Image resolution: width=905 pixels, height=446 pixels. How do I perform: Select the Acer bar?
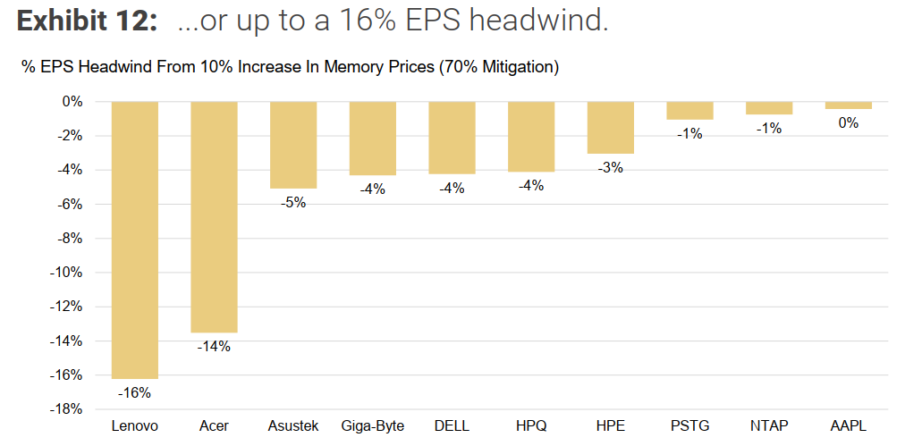214,216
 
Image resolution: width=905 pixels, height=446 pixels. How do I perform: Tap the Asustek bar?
293,145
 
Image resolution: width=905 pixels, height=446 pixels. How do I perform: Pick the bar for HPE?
611,128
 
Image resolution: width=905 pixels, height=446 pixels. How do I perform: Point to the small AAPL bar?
849,105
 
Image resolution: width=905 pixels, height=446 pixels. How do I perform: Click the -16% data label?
135,392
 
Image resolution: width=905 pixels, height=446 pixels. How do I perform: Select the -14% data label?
214,346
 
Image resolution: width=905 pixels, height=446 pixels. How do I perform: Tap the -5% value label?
293,202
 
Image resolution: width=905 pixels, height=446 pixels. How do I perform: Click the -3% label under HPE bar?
611,167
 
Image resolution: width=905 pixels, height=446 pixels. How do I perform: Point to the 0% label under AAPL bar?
849,123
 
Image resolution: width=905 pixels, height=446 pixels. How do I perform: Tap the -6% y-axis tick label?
69,205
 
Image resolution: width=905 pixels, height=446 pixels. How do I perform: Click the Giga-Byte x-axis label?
373,426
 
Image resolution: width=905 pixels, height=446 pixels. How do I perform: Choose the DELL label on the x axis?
452,426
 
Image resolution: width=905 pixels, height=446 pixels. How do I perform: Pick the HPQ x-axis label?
531,426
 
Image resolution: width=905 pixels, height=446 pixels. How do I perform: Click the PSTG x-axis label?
689,426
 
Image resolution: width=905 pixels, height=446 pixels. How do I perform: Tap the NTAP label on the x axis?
769,426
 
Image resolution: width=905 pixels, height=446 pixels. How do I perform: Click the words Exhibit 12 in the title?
87,21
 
